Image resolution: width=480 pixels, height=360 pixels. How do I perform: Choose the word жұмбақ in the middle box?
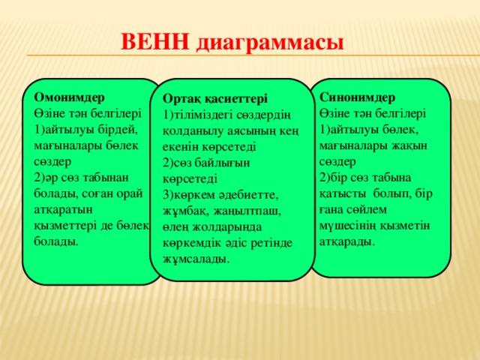pos(184,211)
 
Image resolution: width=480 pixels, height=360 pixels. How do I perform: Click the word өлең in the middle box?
pos(177,227)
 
